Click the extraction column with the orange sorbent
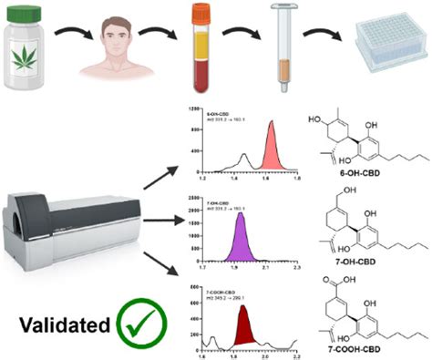(282, 46)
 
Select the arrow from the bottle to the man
(67, 36)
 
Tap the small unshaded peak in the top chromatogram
(242, 160)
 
